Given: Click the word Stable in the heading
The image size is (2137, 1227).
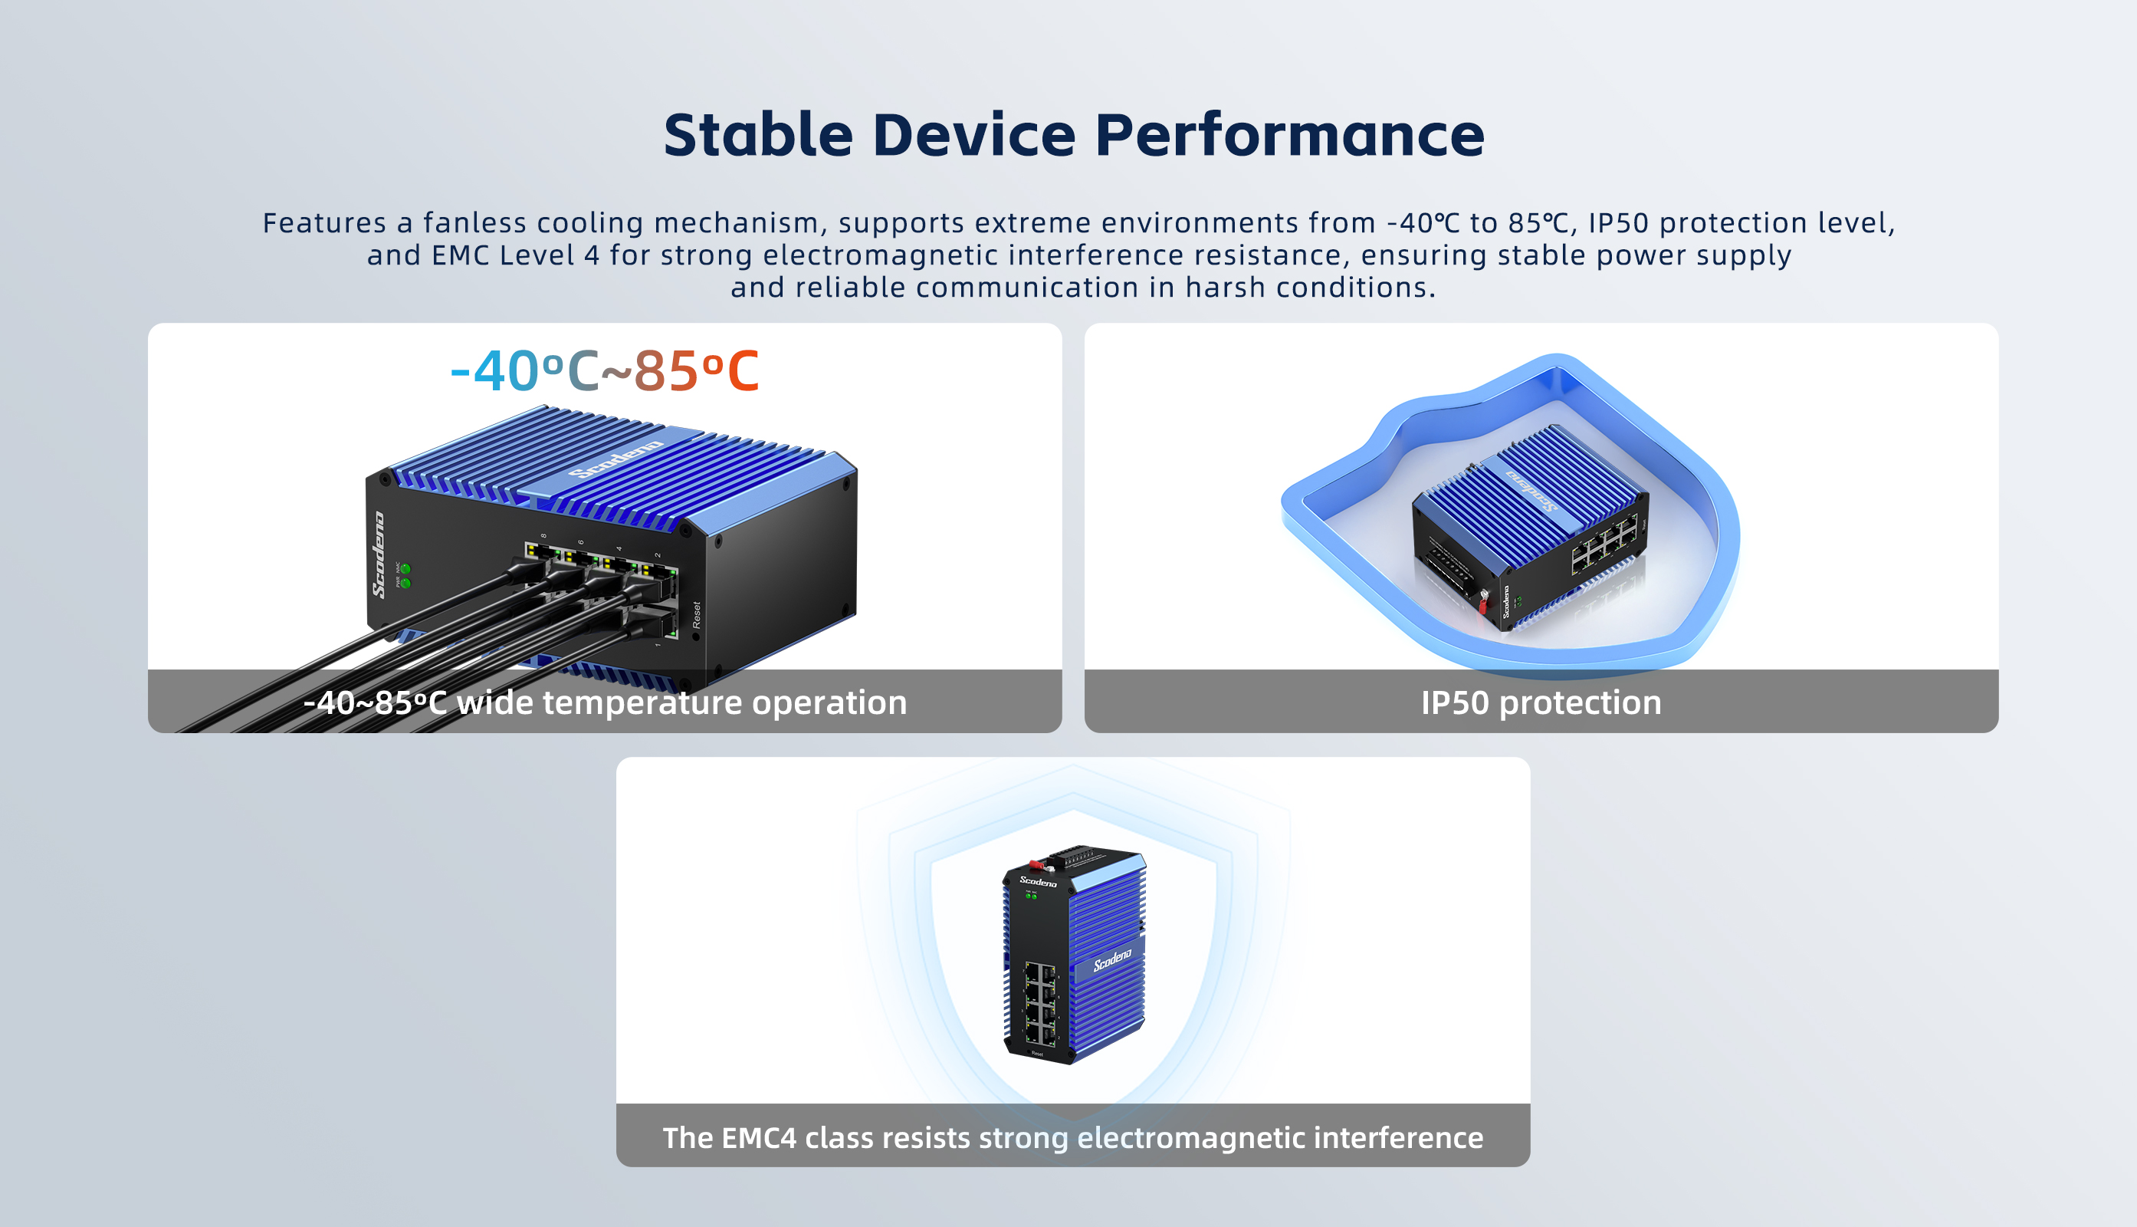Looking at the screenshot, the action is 759,135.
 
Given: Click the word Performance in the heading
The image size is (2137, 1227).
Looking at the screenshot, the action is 1288,135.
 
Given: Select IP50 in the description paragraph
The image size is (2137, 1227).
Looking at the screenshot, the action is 1618,222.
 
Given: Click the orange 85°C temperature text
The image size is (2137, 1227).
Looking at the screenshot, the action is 697,371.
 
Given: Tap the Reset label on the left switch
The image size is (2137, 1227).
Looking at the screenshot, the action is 697,614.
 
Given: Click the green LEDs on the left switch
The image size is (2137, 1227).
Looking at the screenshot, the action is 405,577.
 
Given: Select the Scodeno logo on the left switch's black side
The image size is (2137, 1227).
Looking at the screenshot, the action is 380,554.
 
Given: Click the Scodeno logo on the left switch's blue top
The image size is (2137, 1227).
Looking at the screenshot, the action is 616,459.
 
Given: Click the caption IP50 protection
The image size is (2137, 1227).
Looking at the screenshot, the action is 1541,702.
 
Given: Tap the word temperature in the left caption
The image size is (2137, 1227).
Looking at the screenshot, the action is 641,702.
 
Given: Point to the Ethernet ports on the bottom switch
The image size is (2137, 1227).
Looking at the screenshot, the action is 1040,1005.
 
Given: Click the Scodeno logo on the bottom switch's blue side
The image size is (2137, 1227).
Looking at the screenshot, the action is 1112,960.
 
